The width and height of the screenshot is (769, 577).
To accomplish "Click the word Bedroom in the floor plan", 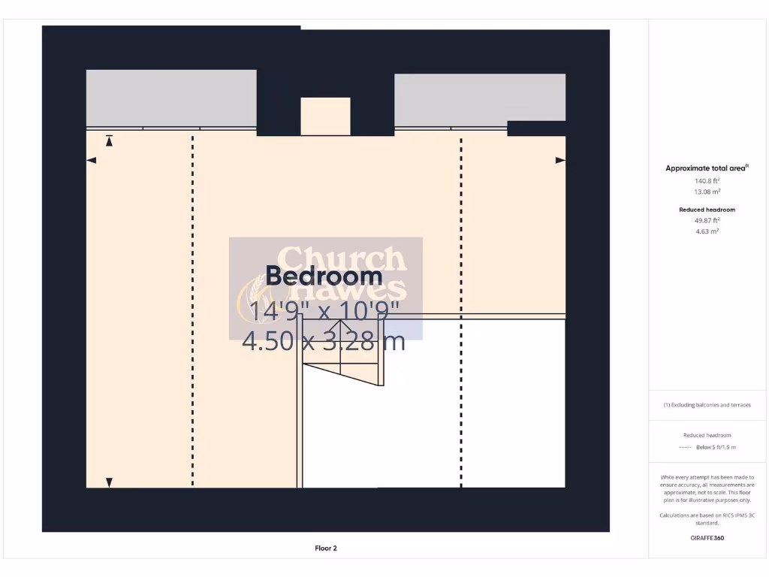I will click(x=324, y=276).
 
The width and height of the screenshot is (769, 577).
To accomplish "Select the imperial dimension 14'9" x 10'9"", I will click(x=324, y=310).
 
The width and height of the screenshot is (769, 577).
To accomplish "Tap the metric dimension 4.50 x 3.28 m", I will click(x=324, y=341).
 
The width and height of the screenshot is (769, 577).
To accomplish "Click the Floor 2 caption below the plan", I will click(x=326, y=548).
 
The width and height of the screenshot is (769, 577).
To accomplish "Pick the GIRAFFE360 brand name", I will click(x=707, y=538).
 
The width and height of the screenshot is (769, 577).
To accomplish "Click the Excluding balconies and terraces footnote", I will click(x=707, y=405).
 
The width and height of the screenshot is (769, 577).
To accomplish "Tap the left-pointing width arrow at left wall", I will click(x=92, y=160).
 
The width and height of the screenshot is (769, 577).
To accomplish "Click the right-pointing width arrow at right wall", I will click(x=560, y=160).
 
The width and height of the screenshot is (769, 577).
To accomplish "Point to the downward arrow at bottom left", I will click(x=109, y=482).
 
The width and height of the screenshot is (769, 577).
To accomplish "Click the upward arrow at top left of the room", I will click(x=109, y=140).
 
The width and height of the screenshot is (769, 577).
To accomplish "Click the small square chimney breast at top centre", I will click(x=325, y=116).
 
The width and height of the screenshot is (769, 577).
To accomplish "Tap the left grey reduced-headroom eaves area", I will click(x=171, y=98).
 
